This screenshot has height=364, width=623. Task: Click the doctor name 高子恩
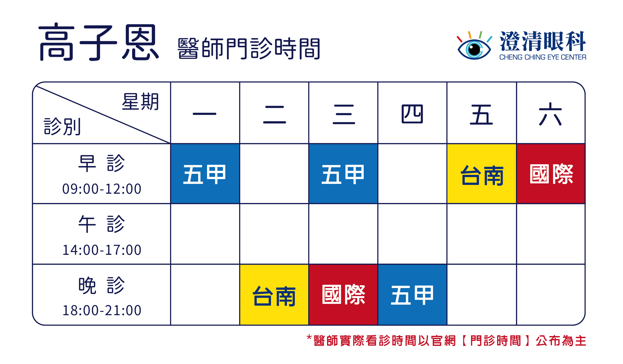coord(99,42)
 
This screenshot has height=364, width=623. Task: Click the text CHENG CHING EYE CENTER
coord(543,57)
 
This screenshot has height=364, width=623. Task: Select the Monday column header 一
coord(204,114)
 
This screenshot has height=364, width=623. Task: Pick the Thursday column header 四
coord(412,114)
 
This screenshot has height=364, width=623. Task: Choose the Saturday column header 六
coord(550,114)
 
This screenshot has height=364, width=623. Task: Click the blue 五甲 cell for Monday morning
coord(205,174)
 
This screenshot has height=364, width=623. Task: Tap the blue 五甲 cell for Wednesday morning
coord(343,174)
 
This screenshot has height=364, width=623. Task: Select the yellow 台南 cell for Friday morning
coord(482,174)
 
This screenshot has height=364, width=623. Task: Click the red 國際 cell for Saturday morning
coord(551,174)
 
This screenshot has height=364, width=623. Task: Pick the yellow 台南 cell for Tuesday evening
coord(274,295)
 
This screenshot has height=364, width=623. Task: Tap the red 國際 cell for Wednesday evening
coord(343,295)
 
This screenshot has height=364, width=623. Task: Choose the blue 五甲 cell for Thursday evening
coord(412,295)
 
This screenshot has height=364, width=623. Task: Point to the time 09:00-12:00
coord(102,189)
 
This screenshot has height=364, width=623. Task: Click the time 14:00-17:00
coord(102,250)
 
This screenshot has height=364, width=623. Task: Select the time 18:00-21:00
coord(102,310)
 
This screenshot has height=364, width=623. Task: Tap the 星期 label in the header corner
coord(140,101)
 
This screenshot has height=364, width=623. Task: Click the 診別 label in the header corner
coord(62,126)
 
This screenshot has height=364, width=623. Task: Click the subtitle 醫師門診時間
coord(249,48)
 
